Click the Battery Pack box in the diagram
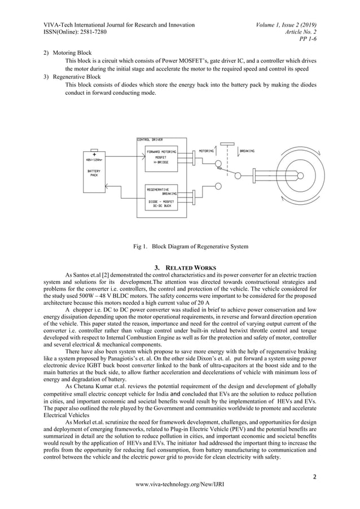coord(94,170)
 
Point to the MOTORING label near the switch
coord(207,151)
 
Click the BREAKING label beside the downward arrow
coord(247,151)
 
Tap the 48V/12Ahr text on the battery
coord(94,159)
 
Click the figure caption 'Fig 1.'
coord(140,246)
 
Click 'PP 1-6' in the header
coord(307,40)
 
